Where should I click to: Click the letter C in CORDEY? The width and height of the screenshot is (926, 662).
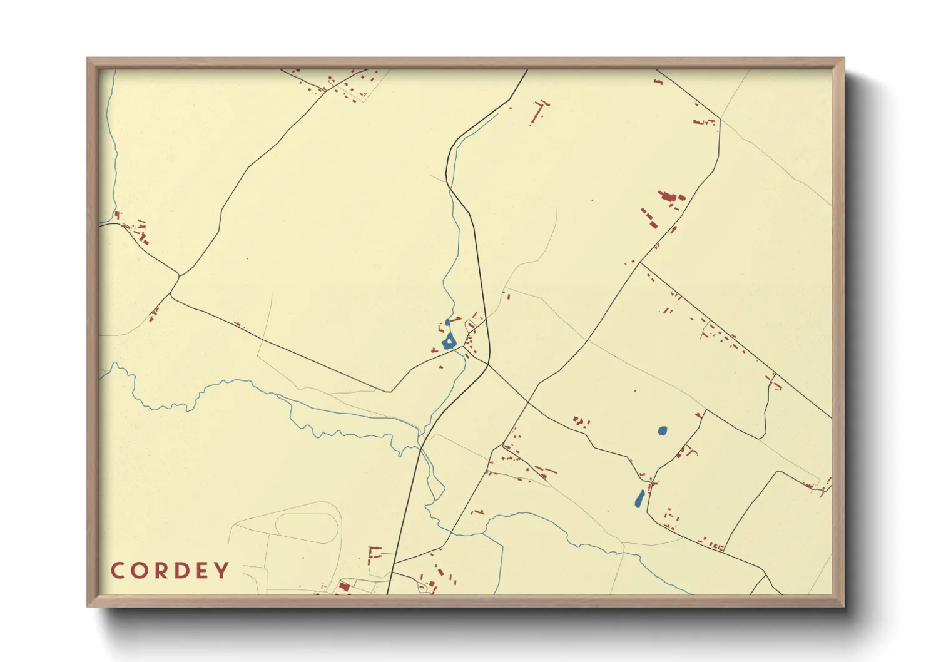(118, 571)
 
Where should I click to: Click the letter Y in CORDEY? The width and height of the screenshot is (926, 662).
(221, 571)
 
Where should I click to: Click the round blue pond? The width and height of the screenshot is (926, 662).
(663, 430)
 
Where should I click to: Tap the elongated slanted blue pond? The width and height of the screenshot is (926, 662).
(639, 499)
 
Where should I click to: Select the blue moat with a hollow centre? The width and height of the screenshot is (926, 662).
(449, 342)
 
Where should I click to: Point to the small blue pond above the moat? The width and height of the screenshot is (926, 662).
(447, 323)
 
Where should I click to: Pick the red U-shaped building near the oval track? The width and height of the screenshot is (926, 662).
(374, 552)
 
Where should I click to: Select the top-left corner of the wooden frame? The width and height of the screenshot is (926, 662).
(88, 59)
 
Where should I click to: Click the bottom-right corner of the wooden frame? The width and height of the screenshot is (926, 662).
(843, 606)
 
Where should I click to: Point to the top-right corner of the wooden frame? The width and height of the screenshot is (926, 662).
(843, 59)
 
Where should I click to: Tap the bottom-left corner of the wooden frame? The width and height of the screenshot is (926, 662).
(88, 606)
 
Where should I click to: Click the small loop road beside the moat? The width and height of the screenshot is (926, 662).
(470, 325)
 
